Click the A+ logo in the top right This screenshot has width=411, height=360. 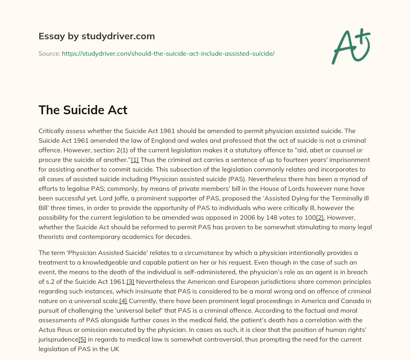[x=351, y=46]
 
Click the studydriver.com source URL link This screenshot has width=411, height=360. [x=168, y=53]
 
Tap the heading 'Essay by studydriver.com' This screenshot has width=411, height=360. [x=96, y=36]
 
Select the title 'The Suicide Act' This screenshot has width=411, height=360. [x=83, y=109]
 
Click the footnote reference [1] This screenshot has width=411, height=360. [x=135, y=160]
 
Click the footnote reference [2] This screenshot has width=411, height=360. [x=320, y=218]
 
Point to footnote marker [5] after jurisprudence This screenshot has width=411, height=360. [x=82, y=340]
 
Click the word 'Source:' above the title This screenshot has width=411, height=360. [x=49, y=53]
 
